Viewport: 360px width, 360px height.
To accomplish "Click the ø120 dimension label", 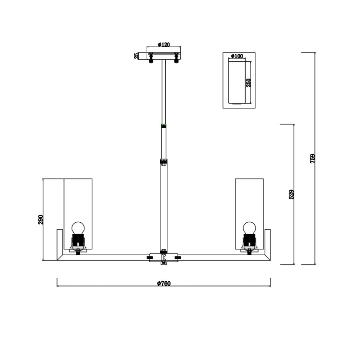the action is pyautogui.click(x=164, y=44).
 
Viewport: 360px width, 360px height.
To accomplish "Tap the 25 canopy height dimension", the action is pyautogui.click(x=136, y=56).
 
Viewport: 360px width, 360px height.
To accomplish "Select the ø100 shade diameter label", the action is pyautogui.click(x=237, y=56).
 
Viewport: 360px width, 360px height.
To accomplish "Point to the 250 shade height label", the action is pyautogui.click(x=248, y=83).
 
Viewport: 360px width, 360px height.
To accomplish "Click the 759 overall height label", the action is pyautogui.click(x=312, y=158).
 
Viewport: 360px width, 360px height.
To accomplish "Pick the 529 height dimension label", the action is pyautogui.click(x=291, y=194).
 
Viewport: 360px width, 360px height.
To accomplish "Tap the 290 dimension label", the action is pyautogui.click(x=41, y=219).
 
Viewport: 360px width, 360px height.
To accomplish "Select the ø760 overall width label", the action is pyautogui.click(x=164, y=283).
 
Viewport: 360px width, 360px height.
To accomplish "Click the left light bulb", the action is pyautogui.click(x=78, y=228).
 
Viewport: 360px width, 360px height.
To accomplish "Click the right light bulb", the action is pyautogui.click(x=249, y=228).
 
